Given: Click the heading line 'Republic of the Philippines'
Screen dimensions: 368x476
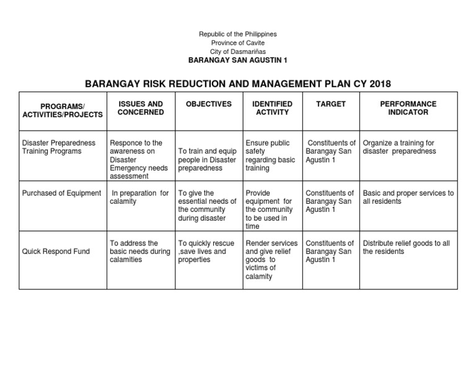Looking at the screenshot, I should pos(237,33).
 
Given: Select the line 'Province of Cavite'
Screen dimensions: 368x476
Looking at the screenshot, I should pos(237,42).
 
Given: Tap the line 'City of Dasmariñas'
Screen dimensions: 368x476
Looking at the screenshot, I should pos(237,51).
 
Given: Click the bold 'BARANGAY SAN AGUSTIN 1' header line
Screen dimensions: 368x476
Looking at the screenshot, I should pos(237,60).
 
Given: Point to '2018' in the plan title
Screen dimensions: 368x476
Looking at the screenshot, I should pos(377,84).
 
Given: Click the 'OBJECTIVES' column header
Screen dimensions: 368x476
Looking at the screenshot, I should pos(208,104).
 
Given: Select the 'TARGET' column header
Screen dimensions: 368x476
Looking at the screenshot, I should pos(330,104).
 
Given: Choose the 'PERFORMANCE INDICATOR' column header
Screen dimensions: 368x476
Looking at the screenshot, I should pos(408,108).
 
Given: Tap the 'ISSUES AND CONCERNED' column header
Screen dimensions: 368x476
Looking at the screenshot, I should pos(141,108).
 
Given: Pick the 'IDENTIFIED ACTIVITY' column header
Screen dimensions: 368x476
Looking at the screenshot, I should pos(272,108).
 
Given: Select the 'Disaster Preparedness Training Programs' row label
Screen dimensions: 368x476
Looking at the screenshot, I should pos(59,147).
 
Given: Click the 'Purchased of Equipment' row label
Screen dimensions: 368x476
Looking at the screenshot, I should pos(61,193).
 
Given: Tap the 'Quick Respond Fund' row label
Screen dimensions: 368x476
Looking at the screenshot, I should pos(55,252).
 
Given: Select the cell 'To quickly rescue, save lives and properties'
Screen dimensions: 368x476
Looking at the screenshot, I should pos(206,252).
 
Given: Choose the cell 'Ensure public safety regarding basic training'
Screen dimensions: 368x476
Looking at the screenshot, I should pos(270,156).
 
